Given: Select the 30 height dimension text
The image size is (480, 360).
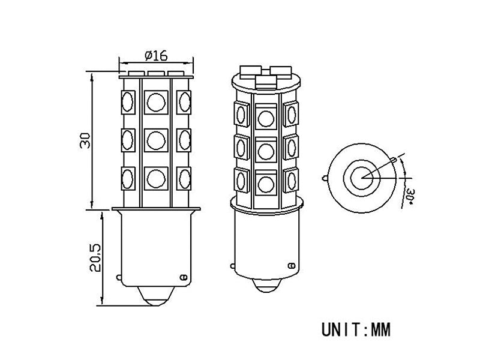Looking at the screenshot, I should [86, 141].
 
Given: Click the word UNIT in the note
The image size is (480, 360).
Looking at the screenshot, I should [338, 329].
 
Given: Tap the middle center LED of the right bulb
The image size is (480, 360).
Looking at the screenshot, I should [265, 146].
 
